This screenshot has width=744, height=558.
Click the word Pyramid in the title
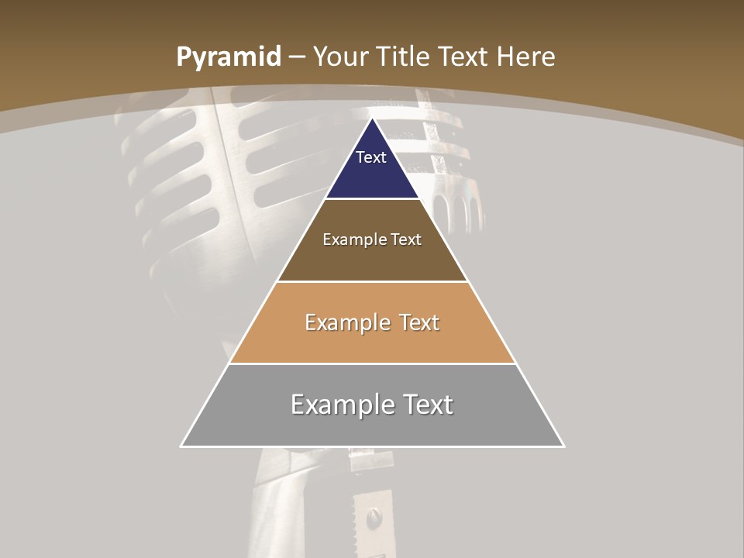click(x=228, y=57)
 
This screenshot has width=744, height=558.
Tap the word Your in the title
click(x=342, y=57)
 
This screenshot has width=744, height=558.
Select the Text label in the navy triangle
click(x=371, y=157)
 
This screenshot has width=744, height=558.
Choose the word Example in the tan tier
click(x=346, y=322)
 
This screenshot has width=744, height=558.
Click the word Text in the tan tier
click(x=419, y=322)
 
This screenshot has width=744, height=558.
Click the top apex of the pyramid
click(x=373, y=119)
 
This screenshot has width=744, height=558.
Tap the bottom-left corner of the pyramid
click(x=181, y=446)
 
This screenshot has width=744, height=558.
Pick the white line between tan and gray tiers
click(x=372, y=364)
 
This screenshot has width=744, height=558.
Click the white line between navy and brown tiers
click(x=372, y=199)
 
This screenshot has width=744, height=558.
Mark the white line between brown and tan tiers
click(x=372, y=281)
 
